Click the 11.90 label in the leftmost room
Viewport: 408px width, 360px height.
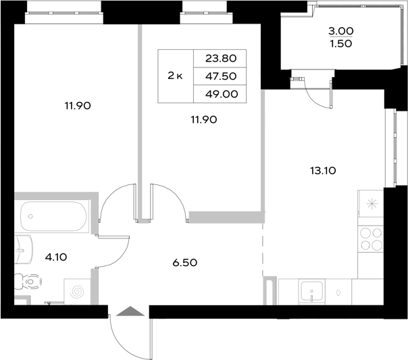tap(78, 105)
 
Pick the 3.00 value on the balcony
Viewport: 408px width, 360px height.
tap(341, 31)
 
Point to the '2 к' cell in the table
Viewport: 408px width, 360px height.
tap(175, 76)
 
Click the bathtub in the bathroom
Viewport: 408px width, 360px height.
tap(54, 217)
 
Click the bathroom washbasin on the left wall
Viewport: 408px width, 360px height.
tap(23, 251)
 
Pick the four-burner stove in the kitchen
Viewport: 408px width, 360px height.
tap(371, 239)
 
